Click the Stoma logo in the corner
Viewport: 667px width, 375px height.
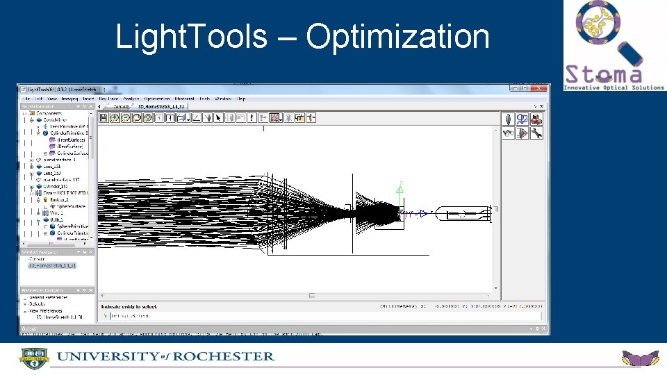click(612, 45)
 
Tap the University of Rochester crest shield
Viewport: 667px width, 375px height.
click(33, 358)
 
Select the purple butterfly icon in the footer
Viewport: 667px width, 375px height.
click(639, 358)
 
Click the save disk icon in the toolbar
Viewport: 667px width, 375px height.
click(104, 118)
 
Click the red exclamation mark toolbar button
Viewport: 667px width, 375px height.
click(252, 118)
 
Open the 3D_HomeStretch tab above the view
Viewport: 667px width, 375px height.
click(161, 107)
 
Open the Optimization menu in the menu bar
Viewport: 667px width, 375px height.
click(157, 99)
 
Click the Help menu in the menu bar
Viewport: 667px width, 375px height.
click(241, 99)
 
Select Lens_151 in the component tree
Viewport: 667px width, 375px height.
click(52, 166)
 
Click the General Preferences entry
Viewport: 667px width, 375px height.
click(51, 297)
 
